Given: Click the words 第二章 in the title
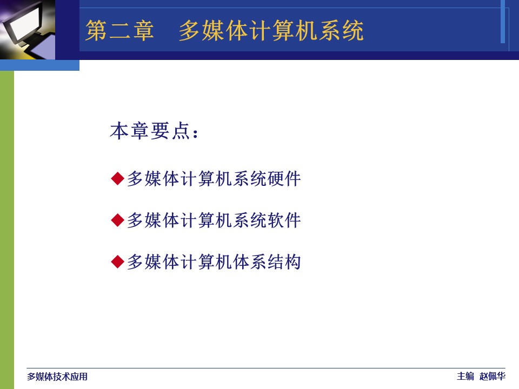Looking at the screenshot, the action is (119, 30).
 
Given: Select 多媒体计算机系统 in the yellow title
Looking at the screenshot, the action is (271, 30).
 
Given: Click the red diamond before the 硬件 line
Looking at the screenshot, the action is (117, 179).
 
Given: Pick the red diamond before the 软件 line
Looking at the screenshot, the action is (117, 220).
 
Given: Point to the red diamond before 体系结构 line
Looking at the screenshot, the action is (117, 261).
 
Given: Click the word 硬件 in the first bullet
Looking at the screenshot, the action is (284, 179).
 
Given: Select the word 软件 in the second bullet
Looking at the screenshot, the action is (284, 220).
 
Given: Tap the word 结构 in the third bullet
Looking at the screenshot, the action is (284, 261).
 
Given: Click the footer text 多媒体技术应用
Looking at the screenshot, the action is (57, 377).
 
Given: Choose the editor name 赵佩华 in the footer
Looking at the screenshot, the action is (493, 376).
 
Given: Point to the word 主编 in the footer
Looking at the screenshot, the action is (465, 376).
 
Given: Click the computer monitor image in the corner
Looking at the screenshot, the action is (28, 30).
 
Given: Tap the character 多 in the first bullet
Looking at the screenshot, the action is (135, 179).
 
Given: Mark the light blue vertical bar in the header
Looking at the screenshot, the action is (502, 22).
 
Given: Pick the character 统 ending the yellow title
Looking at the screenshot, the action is (353, 30).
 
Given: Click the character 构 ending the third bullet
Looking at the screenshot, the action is (292, 261).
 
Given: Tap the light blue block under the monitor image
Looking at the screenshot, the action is (39, 65).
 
